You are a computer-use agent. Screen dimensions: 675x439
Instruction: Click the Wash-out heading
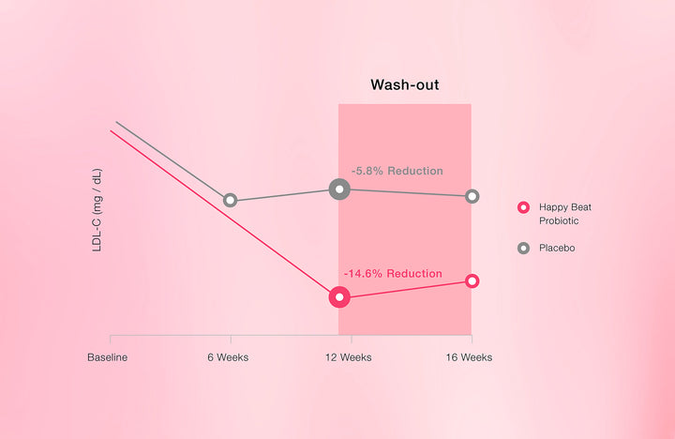pyautogui.click(x=405, y=84)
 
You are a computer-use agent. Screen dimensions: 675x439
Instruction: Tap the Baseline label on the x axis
pyautogui.click(x=107, y=357)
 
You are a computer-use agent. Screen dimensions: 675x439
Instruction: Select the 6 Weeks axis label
pyautogui.click(x=228, y=357)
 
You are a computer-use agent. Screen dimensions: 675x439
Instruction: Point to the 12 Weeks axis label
pyautogui.click(x=348, y=357)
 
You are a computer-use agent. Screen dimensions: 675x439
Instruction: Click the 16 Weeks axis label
pyautogui.click(x=469, y=357)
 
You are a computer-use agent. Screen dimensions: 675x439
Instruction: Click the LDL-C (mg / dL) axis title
pyautogui.click(x=97, y=210)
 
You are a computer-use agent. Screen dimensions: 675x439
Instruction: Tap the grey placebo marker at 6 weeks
pyautogui.click(x=231, y=201)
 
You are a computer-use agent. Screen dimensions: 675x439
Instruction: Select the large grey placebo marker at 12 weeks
pyautogui.click(x=339, y=189)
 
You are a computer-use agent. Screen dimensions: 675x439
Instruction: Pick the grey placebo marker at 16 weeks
pyautogui.click(x=472, y=196)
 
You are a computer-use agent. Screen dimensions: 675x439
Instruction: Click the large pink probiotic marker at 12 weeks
pyautogui.click(x=339, y=296)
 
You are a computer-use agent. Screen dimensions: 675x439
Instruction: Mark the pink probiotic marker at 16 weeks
pyautogui.click(x=472, y=280)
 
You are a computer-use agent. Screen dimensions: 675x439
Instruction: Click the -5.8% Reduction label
pyautogui.click(x=397, y=171)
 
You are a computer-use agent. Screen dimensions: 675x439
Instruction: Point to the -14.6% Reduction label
pyautogui.click(x=393, y=274)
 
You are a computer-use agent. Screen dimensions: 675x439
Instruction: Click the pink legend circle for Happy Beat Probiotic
pyautogui.click(x=523, y=207)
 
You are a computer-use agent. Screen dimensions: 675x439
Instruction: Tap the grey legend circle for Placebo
pyautogui.click(x=523, y=249)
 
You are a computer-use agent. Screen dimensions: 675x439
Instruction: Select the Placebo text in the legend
pyautogui.click(x=557, y=249)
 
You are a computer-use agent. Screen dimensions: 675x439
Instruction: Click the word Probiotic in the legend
pyautogui.click(x=559, y=220)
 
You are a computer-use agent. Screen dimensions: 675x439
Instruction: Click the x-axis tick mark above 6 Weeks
pyautogui.click(x=231, y=339)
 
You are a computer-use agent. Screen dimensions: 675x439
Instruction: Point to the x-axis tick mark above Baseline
pyautogui.click(x=111, y=339)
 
